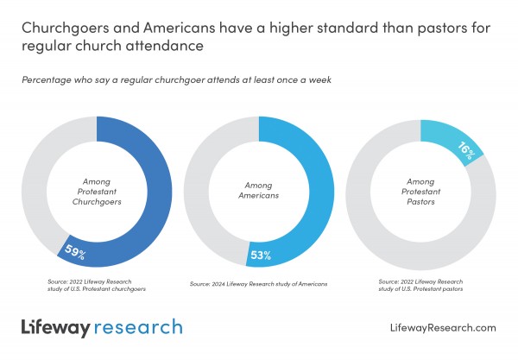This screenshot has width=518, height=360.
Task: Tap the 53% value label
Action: pos(261,256)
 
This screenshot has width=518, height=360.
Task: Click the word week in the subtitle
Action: pos(321,79)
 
